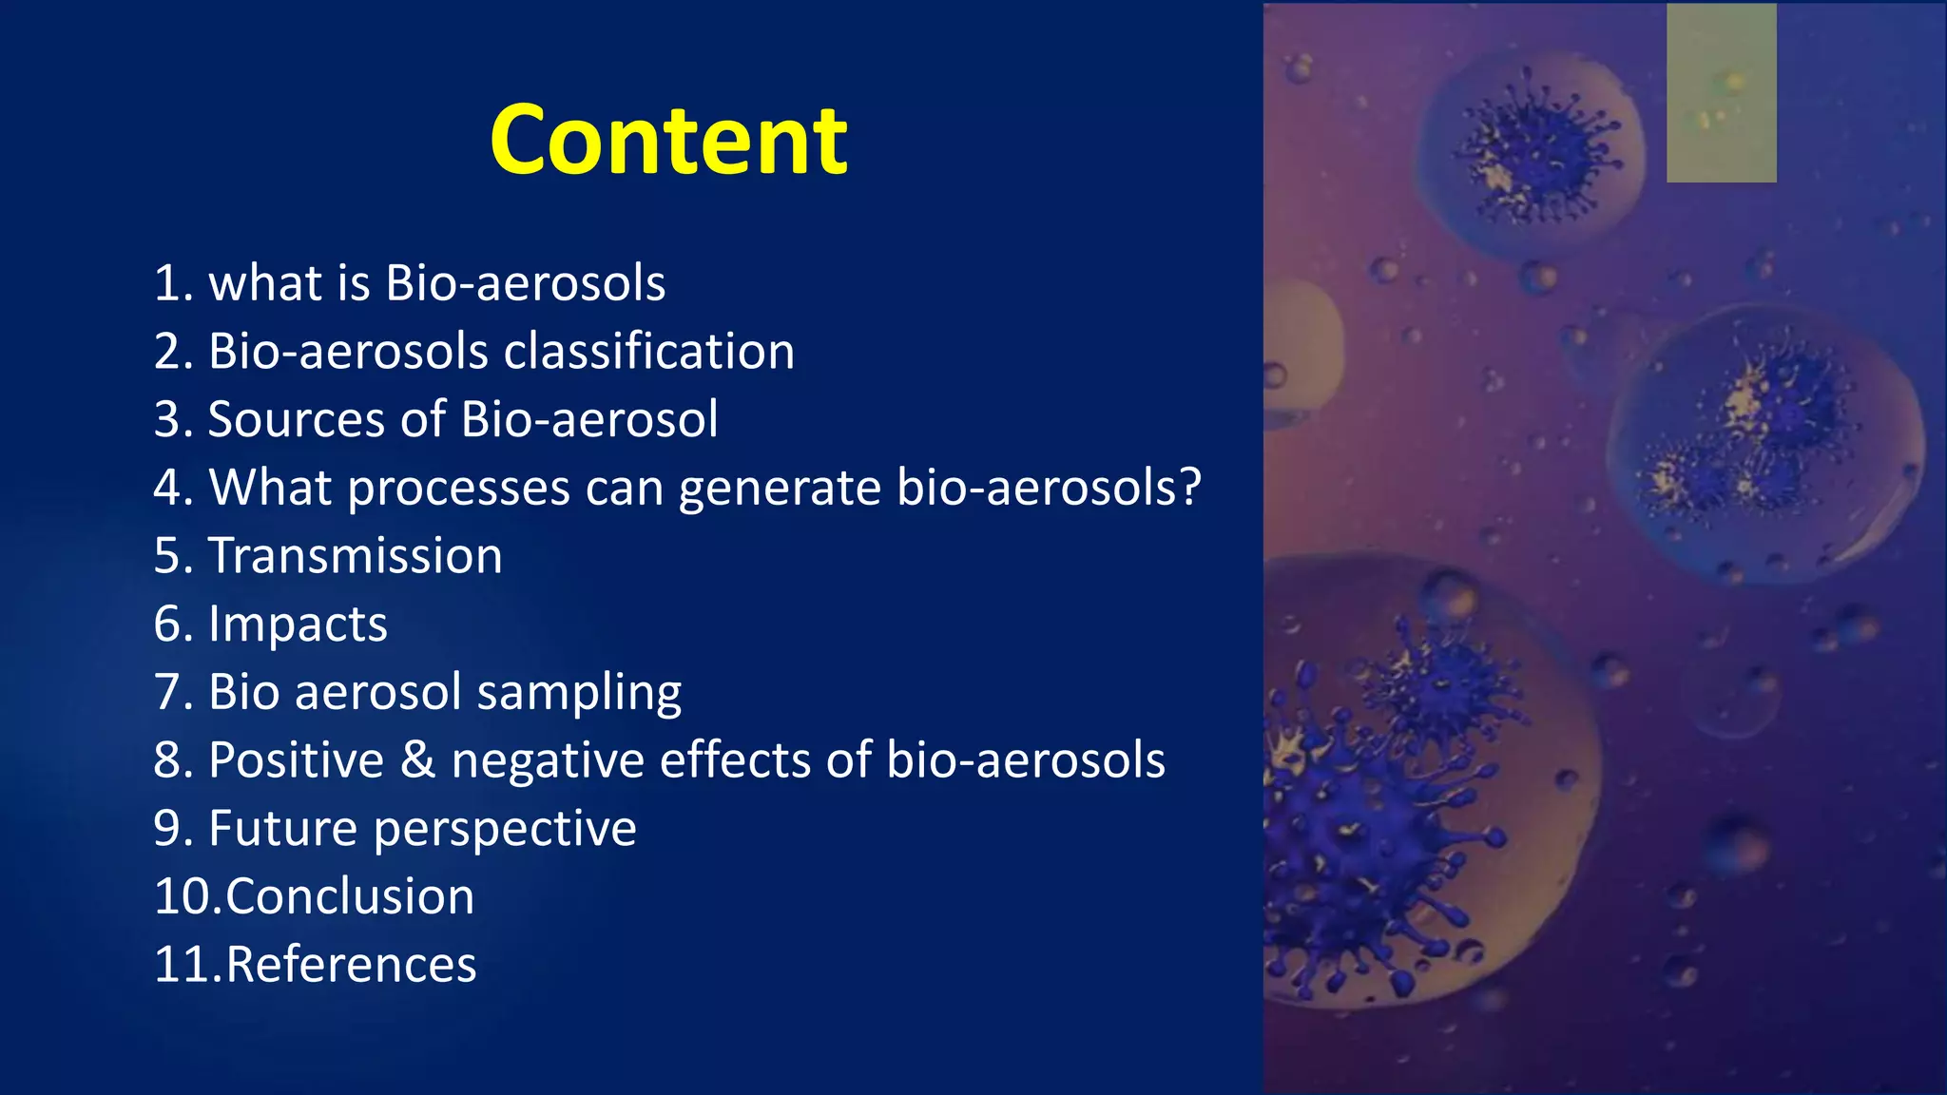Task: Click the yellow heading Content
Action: point(668,141)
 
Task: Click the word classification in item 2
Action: point(648,351)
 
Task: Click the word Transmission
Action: point(355,555)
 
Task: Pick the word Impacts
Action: point(298,625)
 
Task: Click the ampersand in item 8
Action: point(417,759)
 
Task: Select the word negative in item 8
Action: point(549,761)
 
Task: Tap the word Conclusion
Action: point(350,896)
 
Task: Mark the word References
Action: point(351,965)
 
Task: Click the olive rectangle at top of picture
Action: point(1721,92)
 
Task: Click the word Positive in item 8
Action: point(296,759)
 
